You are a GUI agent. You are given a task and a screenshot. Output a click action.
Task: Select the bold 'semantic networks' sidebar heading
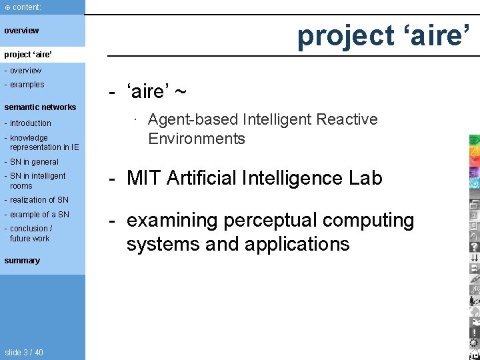coord(40,107)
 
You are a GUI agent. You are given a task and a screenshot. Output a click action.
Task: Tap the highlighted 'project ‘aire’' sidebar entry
coord(28,53)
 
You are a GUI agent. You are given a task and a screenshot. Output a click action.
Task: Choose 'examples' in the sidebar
coord(27,85)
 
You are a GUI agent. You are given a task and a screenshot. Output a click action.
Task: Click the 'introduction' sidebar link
coord(30,123)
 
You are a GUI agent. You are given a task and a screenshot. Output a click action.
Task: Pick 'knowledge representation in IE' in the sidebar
coord(43,143)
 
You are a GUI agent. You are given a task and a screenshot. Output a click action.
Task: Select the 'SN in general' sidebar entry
coord(34,162)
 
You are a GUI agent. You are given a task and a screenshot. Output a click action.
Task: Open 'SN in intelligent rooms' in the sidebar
coord(37,181)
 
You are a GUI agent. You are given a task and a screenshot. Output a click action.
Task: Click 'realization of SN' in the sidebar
coord(39,200)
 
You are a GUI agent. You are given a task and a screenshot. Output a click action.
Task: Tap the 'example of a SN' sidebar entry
coord(39,215)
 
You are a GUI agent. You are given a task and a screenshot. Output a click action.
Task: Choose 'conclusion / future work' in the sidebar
coord(31,233)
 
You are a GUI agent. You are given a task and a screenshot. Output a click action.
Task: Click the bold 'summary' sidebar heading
coord(22,261)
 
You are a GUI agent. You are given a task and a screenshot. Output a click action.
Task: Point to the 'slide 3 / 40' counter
coord(23,352)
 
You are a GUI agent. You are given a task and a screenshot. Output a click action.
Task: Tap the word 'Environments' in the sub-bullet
coord(197,139)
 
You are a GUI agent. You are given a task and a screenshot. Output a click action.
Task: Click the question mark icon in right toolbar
coord(474,246)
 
